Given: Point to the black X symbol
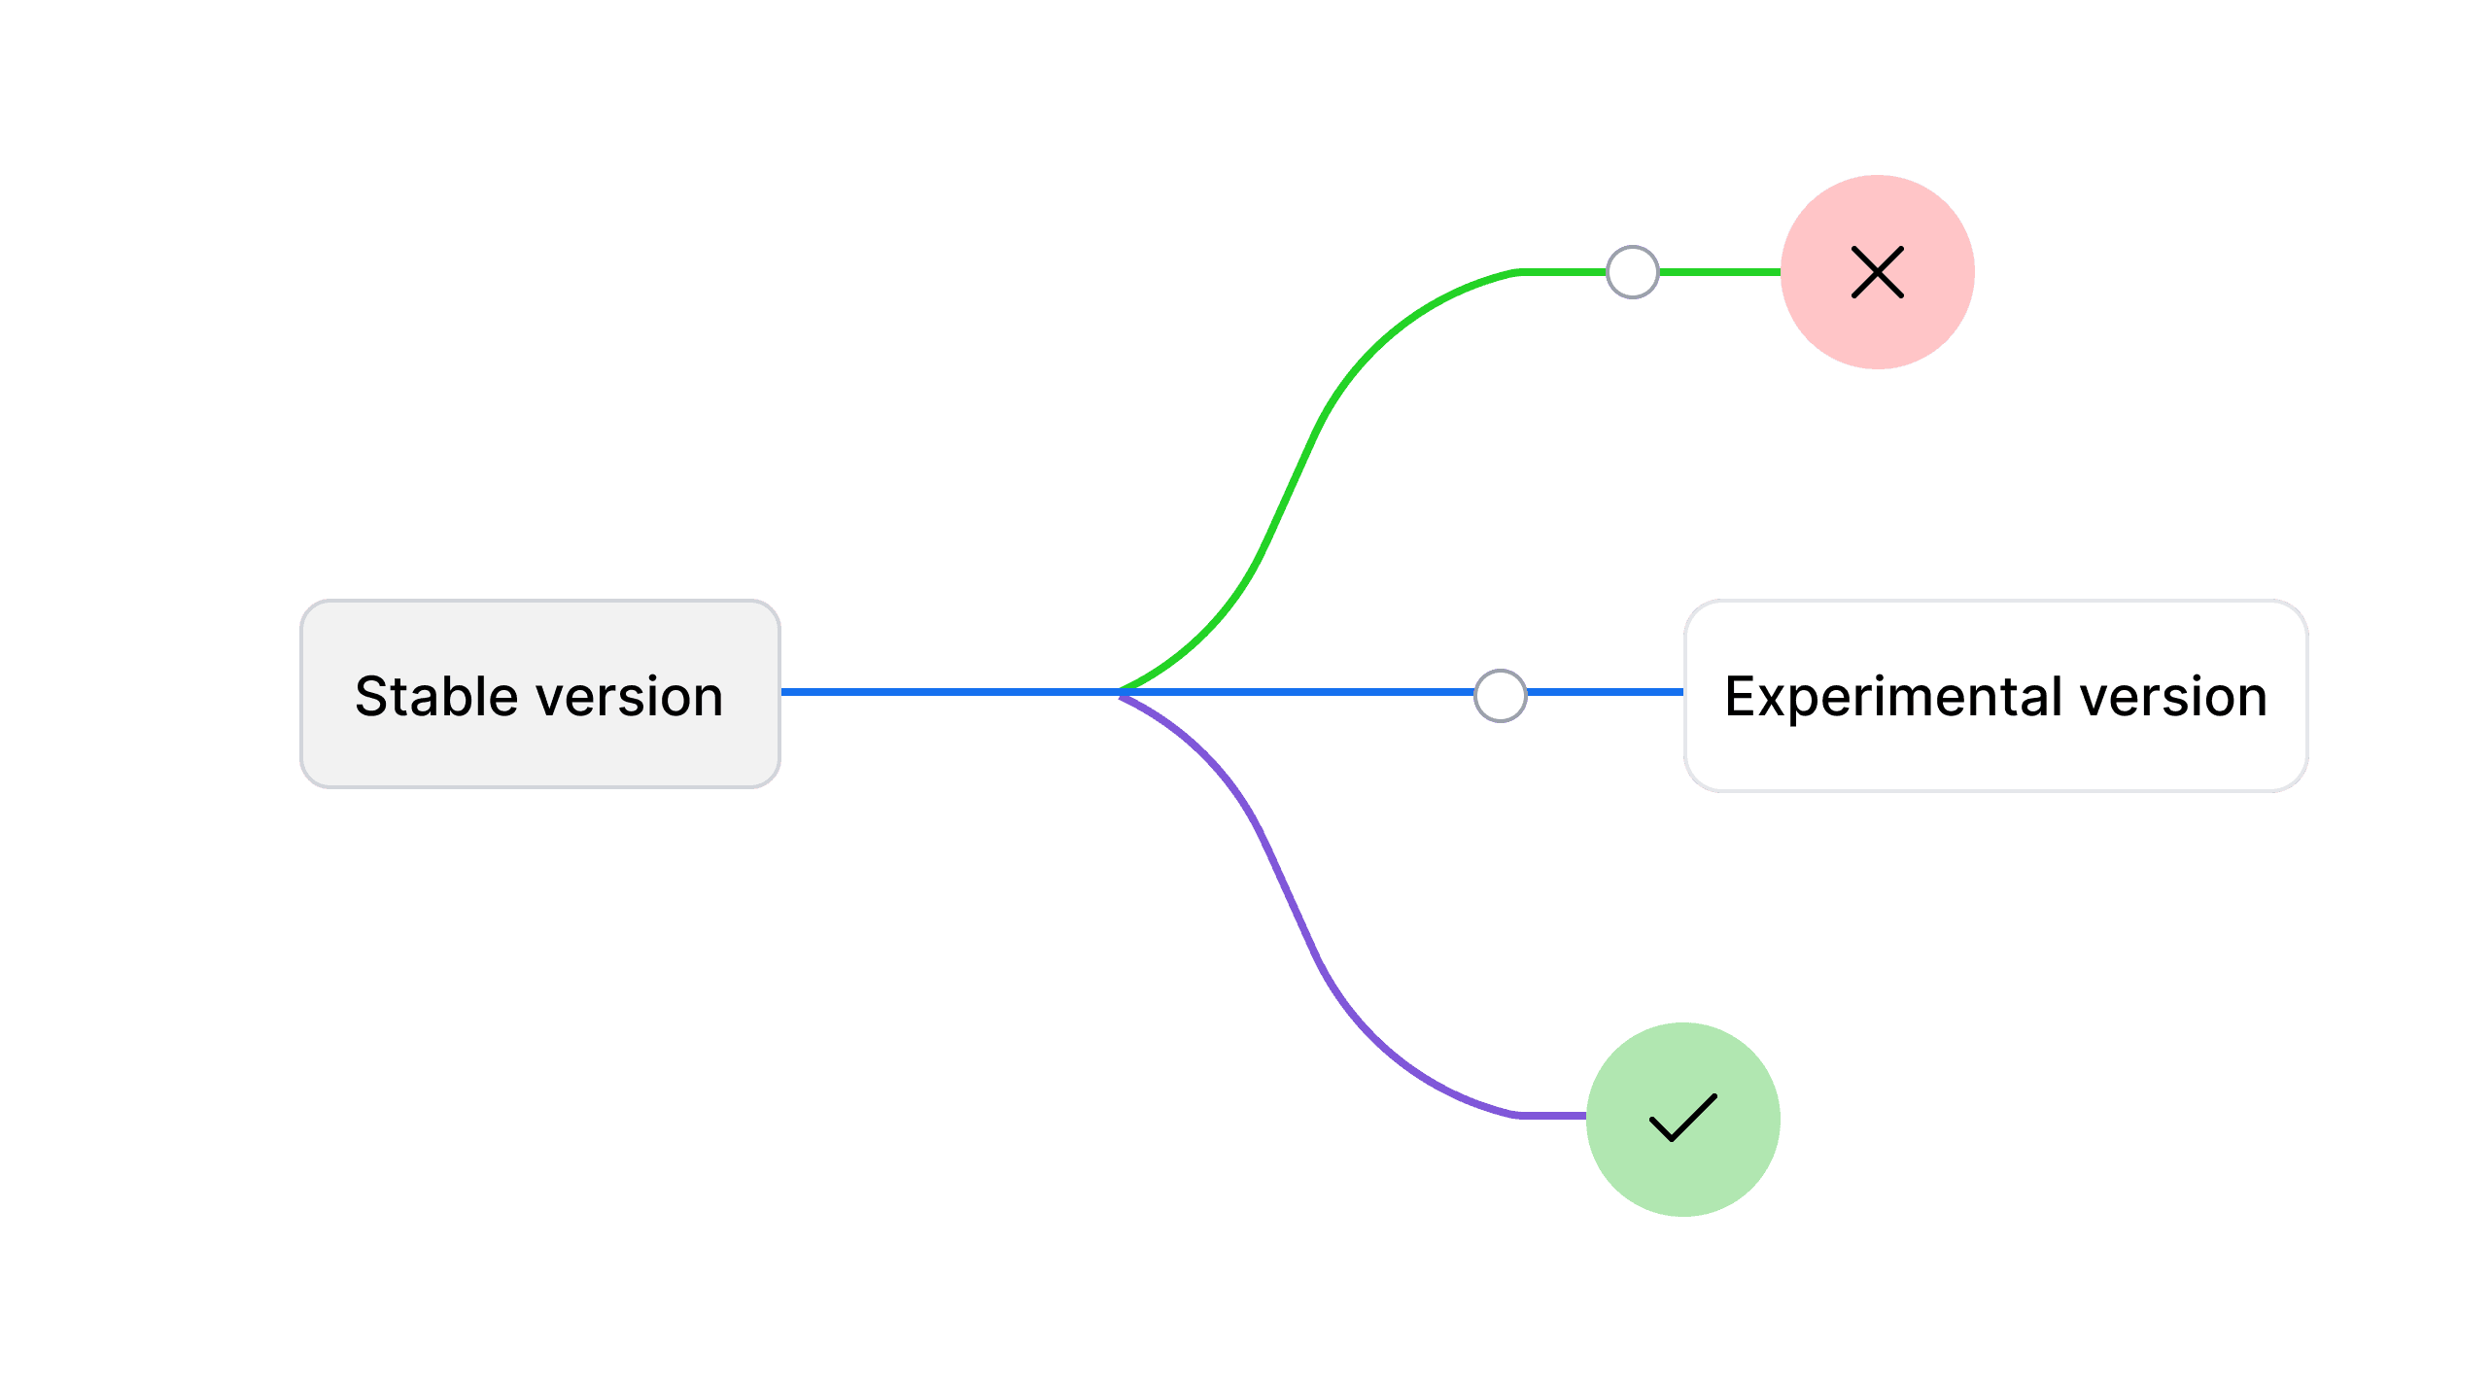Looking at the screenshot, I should [1877, 272].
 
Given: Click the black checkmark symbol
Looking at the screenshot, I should [1683, 1118].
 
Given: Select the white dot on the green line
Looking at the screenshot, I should [1632, 272].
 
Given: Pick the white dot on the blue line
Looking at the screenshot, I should [1500, 696].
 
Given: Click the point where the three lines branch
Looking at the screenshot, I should [1120, 692].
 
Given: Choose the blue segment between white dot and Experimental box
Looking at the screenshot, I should [1604, 692].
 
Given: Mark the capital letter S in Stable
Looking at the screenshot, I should [372, 697].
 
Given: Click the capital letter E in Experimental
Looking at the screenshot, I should [1741, 697].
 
